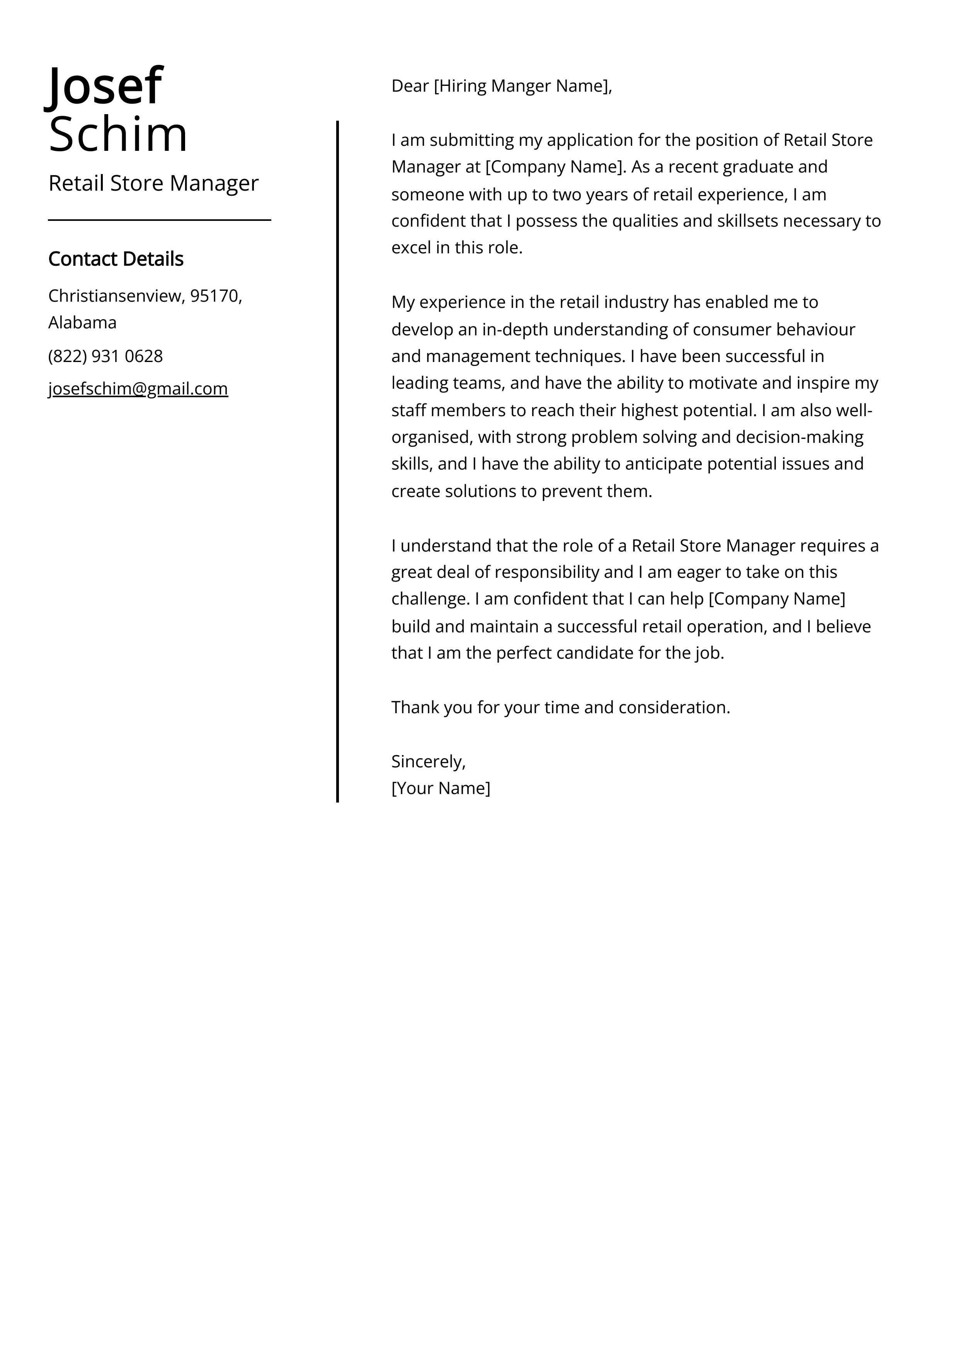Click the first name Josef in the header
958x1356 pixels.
click(x=104, y=86)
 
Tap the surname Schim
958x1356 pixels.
click(x=117, y=134)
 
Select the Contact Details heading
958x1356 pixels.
click(x=116, y=259)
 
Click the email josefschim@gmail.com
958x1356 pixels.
click(x=138, y=389)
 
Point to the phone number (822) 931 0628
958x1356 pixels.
click(x=105, y=356)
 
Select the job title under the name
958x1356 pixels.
click(x=153, y=183)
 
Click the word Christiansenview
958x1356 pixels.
click(x=116, y=296)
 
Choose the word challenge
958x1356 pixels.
click(x=429, y=599)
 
